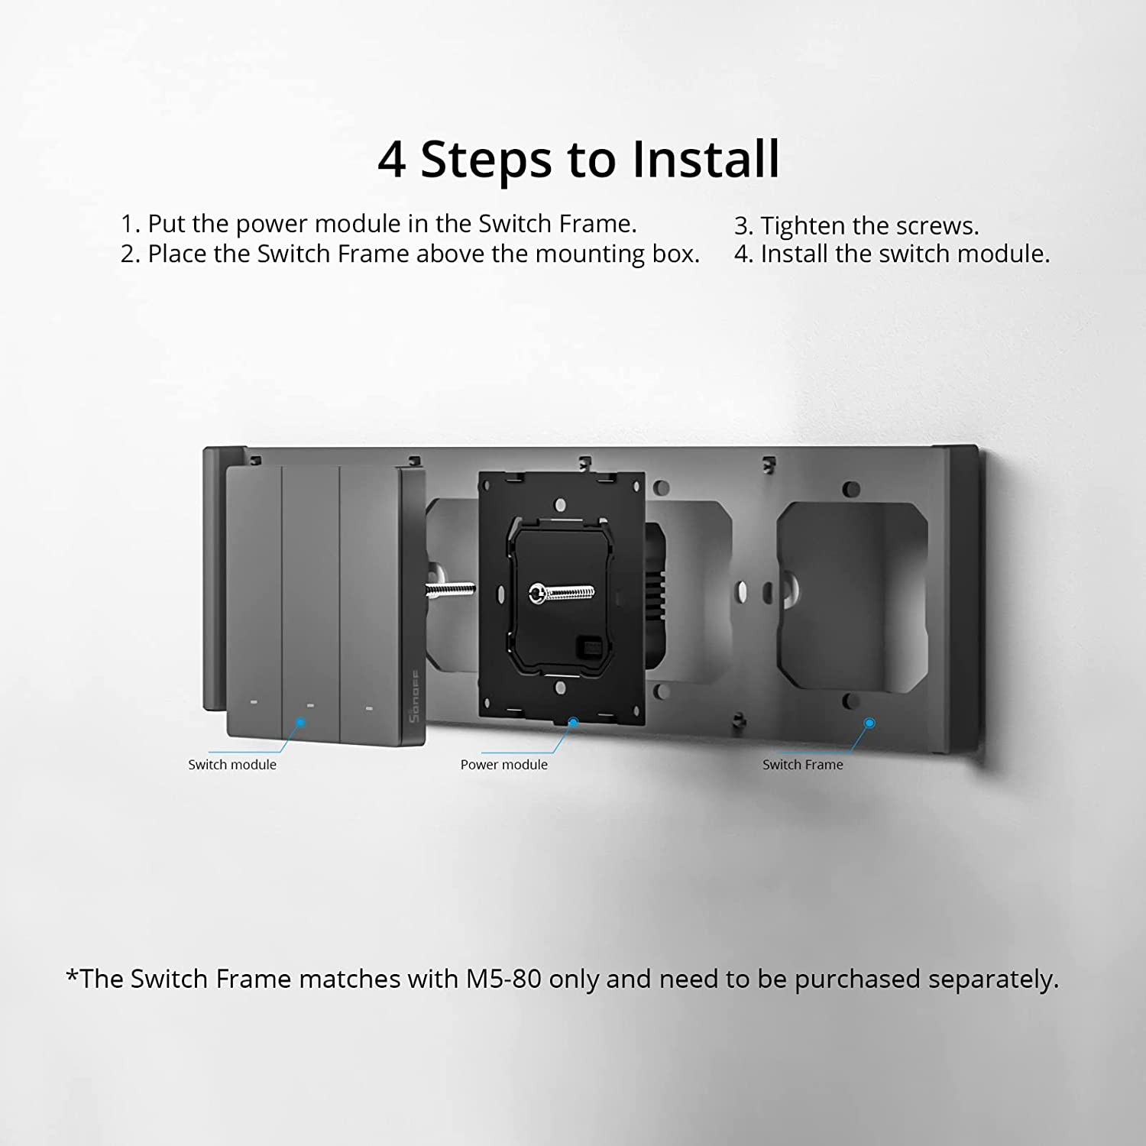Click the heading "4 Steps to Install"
(x=579, y=160)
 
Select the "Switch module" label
(x=232, y=765)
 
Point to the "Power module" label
(x=504, y=765)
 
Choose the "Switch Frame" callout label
(x=803, y=765)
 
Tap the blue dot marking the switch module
(x=300, y=722)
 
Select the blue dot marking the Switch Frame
(x=869, y=723)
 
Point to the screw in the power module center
(x=562, y=592)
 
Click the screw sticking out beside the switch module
(x=450, y=589)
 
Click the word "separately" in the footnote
(x=993, y=979)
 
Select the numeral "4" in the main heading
(x=392, y=160)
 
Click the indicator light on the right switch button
(x=368, y=707)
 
